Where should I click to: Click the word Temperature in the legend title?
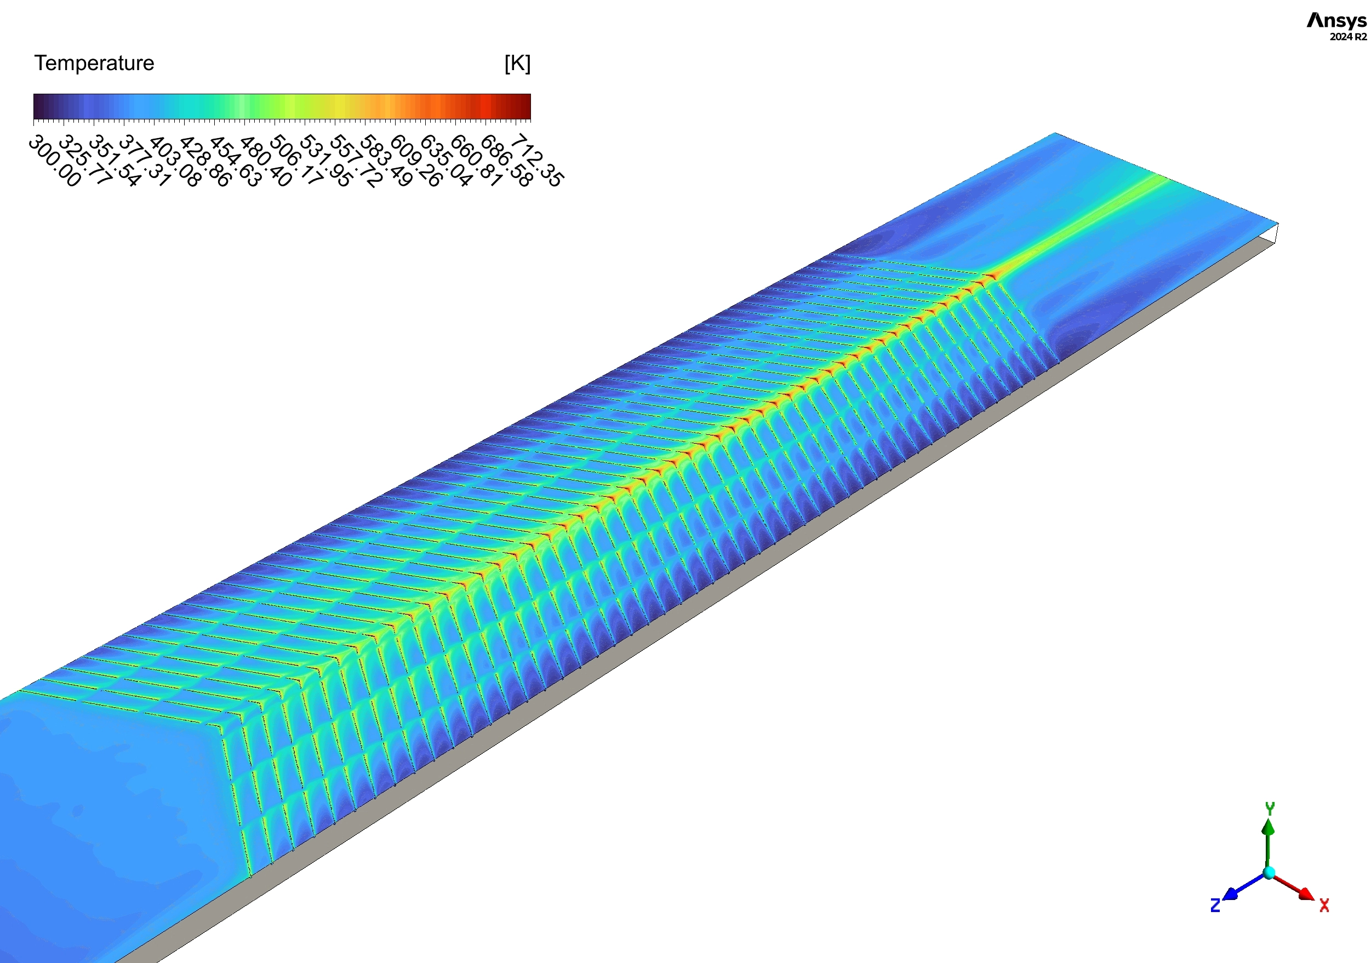[x=94, y=62]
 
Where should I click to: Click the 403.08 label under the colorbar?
[x=175, y=160]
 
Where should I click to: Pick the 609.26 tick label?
[x=416, y=160]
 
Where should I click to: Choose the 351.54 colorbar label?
[x=115, y=160]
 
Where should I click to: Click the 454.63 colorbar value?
[x=235, y=160]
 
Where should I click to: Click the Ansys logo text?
[x=1336, y=21]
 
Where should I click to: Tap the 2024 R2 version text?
[x=1348, y=37]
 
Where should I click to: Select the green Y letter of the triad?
[x=1270, y=809]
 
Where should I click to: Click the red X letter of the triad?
[x=1324, y=905]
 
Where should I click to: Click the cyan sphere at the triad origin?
[x=1270, y=873]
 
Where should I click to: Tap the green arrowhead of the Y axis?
[x=1269, y=828]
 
